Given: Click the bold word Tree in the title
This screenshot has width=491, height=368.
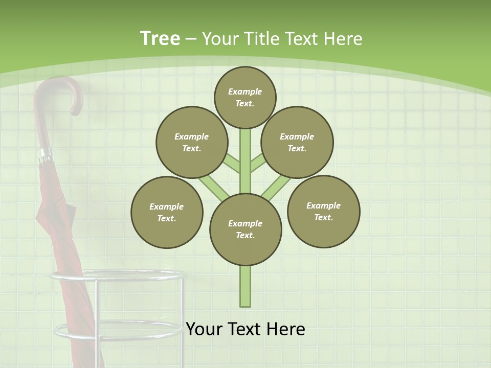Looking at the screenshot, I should point(160,38).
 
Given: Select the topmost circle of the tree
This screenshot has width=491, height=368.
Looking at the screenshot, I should point(245,97).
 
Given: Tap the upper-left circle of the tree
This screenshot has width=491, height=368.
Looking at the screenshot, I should point(192,142).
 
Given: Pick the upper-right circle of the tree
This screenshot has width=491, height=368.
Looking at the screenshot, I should point(297,142).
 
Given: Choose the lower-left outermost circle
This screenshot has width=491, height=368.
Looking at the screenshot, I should point(167,212).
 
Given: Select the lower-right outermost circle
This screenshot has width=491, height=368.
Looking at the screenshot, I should point(323,211).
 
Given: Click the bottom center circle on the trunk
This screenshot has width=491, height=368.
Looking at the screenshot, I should point(245,229).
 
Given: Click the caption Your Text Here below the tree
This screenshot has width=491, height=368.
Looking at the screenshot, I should point(245,329).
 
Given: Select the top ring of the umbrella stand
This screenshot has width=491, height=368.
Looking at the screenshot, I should point(115,276).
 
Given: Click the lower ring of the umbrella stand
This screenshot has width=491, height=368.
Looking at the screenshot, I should point(118,329).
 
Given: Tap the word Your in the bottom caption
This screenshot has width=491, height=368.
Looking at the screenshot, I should point(205,329).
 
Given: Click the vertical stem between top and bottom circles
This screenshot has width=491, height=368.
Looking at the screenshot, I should point(245,161).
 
